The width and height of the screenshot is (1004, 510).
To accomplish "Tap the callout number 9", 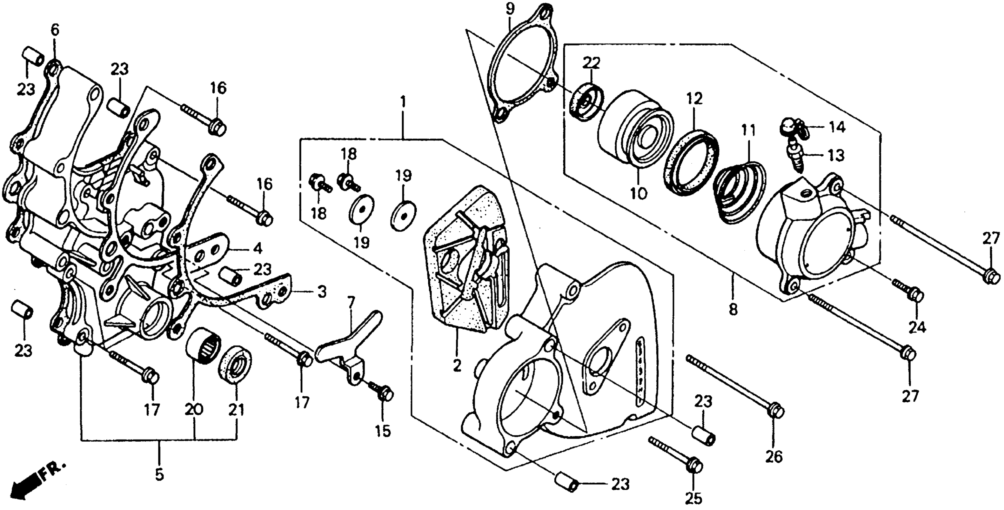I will coord(510,9).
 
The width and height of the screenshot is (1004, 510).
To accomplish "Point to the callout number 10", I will coord(638,193).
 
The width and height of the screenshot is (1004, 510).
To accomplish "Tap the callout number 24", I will coord(917,328).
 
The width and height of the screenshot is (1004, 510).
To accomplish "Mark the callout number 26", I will coord(774,457).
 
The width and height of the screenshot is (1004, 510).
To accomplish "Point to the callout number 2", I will coord(457,365).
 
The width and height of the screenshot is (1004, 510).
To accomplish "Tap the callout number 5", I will coord(159,475).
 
